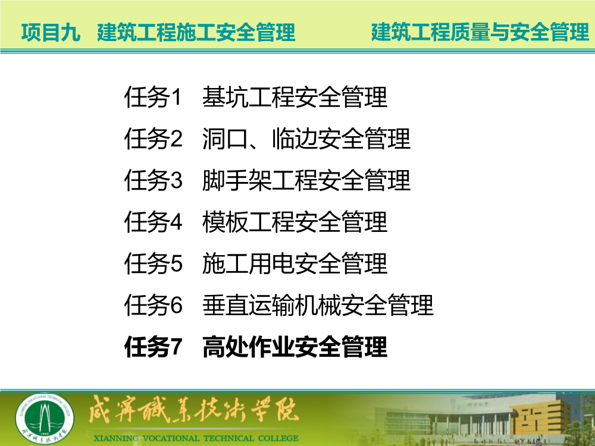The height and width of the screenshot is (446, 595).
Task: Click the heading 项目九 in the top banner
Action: (51, 32)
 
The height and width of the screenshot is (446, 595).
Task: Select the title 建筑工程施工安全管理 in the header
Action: (196, 32)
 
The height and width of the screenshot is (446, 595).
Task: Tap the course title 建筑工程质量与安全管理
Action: (480, 32)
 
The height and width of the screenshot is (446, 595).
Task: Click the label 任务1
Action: (153, 97)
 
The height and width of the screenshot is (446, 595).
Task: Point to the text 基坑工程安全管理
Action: (295, 97)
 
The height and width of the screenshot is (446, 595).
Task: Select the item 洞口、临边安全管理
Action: (306, 139)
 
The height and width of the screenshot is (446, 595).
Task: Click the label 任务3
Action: (153, 180)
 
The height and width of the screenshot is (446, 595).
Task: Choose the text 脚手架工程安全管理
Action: (306, 180)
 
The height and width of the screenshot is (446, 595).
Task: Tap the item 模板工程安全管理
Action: (295, 222)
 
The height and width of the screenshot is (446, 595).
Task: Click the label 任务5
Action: (153, 263)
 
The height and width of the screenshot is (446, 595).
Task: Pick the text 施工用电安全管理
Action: (295, 263)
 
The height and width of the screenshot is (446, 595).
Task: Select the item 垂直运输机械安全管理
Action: (318, 305)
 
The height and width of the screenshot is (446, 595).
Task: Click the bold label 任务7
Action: (153, 347)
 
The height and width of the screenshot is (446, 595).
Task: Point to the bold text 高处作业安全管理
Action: (295, 347)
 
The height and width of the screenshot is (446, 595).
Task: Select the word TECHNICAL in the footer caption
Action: (228, 438)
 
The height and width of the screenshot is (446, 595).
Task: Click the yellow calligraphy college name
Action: (193, 410)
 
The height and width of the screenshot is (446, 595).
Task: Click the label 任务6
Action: (153, 305)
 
